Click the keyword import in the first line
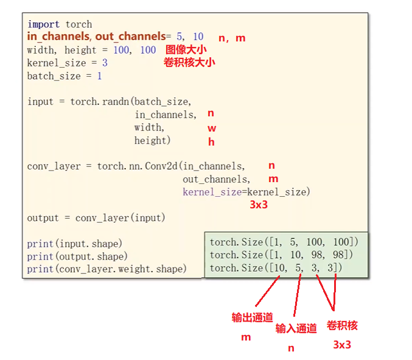pos(43,24)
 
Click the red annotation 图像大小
pos(186,50)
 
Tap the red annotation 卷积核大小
pos(189,62)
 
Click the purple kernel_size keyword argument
pos(211,192)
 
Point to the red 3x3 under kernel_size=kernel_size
pos(259,205)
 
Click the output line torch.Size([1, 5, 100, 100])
pos(288,242)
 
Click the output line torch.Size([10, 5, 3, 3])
pos(276,267)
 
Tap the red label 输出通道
pos(252,317)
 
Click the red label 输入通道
pos(296,328)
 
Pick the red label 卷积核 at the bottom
pos(342,325)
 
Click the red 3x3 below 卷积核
pos(342,345)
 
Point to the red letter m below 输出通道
pos(245,336)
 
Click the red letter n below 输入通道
pos(291,348)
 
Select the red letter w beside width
pos(212,128)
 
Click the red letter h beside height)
pos(211,141)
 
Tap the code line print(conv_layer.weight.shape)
pos(106,269)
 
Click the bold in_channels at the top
pos(59,37)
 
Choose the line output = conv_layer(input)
pos(96,217)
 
